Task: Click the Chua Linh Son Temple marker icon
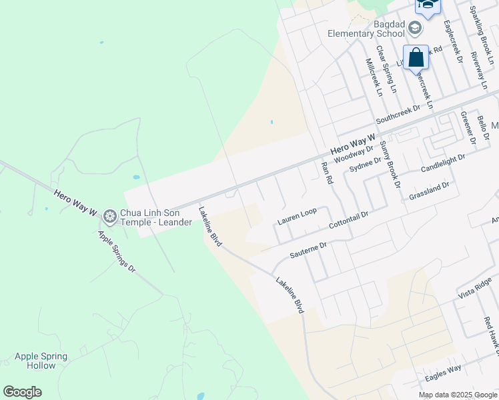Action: click(109, 215)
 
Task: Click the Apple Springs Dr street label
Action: click(116, 251)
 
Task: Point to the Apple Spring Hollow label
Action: click(41, 361)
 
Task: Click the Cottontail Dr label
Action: click(349, 221)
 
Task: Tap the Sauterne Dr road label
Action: click(308, 250)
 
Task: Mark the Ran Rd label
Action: click(327, 172)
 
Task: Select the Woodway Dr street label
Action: click(354, 155)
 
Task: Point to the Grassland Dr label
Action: click(430, 191)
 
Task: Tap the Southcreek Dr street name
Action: click(398, 114)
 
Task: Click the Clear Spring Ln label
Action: click(386, 69)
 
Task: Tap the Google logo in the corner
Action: click(22, 392)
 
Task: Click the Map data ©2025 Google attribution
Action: click(457, 395)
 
